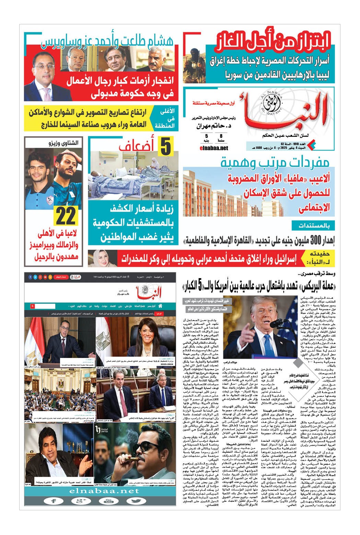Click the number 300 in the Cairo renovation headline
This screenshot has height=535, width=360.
[315, 239]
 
